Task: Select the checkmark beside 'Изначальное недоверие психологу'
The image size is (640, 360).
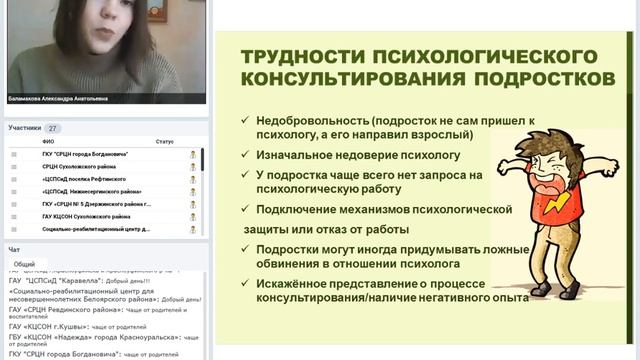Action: [245, 155]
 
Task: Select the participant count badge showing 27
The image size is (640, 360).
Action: [53, 129]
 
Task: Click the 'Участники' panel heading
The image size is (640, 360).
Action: [24, 129]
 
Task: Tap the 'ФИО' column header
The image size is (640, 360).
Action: [48, 142]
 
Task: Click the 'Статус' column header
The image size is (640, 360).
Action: [165, 142]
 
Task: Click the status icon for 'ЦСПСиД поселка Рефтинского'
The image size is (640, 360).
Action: [193, 178]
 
